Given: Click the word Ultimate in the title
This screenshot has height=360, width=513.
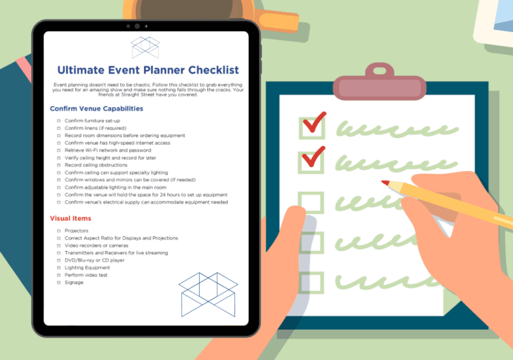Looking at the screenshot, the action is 81,70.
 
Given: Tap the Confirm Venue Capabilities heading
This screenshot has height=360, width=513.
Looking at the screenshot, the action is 97,109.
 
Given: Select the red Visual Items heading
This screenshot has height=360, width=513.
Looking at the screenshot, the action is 70,218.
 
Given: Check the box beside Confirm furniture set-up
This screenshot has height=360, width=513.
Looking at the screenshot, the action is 59,121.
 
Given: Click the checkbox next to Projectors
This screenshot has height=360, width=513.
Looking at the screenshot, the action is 59,231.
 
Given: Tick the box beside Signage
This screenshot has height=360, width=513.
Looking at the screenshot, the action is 59,282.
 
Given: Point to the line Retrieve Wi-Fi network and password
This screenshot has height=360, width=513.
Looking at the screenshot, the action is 108,150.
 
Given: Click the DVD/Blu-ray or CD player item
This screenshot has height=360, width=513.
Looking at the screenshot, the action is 95,260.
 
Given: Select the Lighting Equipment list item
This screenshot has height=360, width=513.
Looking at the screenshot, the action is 87,268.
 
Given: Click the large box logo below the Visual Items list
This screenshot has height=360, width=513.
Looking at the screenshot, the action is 208,294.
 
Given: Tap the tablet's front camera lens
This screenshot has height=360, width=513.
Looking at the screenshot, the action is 137,26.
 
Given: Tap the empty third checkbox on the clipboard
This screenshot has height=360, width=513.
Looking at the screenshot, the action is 311,203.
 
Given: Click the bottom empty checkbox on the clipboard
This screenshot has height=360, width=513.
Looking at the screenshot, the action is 311,282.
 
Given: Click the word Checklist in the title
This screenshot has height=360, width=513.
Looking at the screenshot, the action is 213,70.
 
